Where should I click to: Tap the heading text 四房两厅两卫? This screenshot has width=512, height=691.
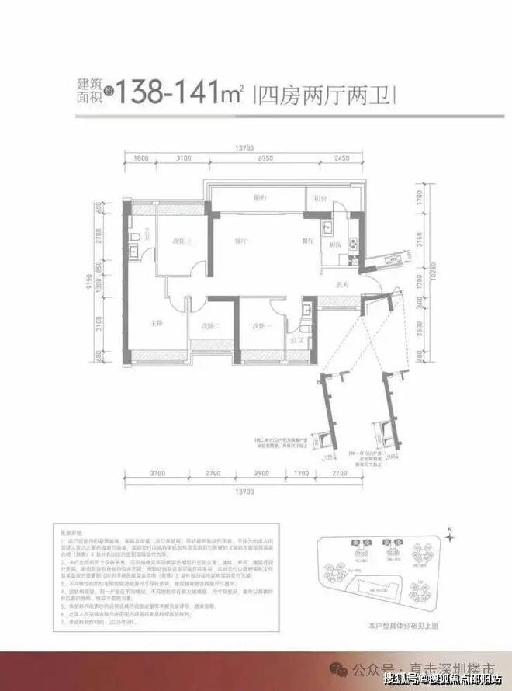[x=326, y=95]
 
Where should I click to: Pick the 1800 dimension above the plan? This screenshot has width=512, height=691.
[x=140, y=158]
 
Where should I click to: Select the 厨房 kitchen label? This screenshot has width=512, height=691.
[x=336, y=245]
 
